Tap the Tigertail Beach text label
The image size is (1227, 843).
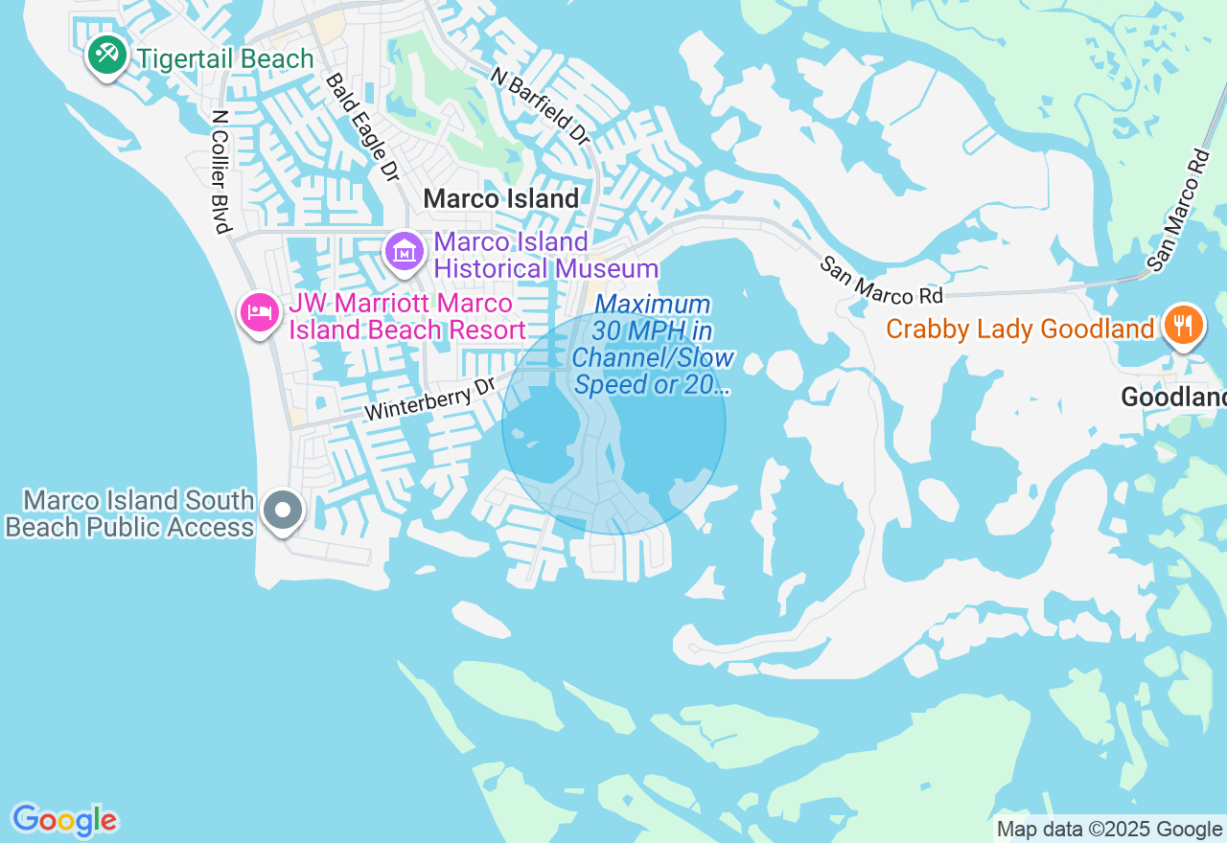224,59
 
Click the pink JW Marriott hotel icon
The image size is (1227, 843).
260,312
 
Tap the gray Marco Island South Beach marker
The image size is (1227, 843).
282,511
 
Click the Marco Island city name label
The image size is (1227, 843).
500,199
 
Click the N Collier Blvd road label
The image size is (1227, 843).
220,171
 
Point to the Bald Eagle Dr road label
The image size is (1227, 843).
361,127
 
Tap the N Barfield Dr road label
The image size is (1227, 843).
540,106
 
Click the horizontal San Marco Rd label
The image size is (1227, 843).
881,280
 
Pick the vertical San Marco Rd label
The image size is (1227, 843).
1178,210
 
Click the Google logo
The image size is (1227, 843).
64,820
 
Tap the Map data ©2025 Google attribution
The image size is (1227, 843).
1109,830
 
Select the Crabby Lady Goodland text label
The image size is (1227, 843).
1019,330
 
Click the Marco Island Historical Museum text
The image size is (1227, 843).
545,255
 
